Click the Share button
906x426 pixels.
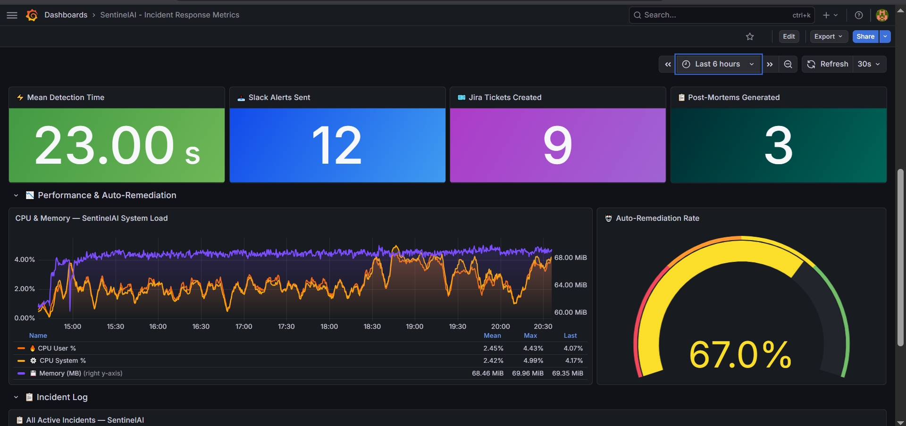[865, 36]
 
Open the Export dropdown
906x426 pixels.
[828, 36]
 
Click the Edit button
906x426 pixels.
[789, 36]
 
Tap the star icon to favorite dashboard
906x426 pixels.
[750, 36]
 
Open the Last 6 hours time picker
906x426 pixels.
[718, 64]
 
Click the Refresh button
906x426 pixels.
[828, 64]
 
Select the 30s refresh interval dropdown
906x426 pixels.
[869, 64]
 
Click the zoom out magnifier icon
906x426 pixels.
[788, 64]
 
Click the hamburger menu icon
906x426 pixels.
[12, 15]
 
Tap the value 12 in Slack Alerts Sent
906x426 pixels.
[337, 145]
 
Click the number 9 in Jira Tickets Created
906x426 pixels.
[558, 145]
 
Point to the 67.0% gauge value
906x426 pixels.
[740, 355]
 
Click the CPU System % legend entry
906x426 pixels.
[62, 360]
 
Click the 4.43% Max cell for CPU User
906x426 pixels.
[533, 348]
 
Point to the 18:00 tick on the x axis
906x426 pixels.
[329, 326]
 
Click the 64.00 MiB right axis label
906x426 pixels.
[570, 285]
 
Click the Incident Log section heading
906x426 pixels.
[62, 397]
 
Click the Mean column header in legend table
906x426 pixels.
[492, 335]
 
